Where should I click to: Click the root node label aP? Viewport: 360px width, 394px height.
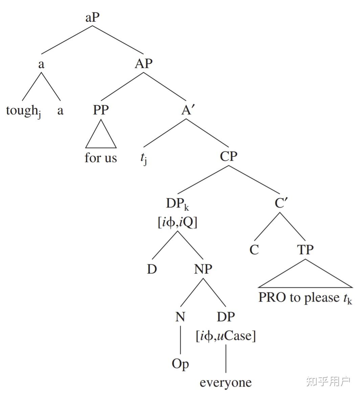pos(92,18)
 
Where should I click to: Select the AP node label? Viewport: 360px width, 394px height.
pos(143,63)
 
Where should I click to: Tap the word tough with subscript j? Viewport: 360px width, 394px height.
pos(23,111)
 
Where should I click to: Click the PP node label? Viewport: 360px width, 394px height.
pos(101,110)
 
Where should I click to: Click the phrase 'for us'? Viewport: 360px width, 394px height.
pos(101,158)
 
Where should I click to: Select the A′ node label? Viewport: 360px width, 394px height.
pos(187,110)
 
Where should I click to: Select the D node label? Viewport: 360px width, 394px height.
pos(152,269)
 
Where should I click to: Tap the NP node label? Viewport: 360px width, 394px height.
pos(203,269)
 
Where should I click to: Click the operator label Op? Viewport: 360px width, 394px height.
pos(180,364)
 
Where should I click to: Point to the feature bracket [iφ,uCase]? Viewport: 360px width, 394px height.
pos(226,336)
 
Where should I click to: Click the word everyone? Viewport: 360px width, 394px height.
pos(226,382)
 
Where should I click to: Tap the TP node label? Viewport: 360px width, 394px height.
pos(305,250)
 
